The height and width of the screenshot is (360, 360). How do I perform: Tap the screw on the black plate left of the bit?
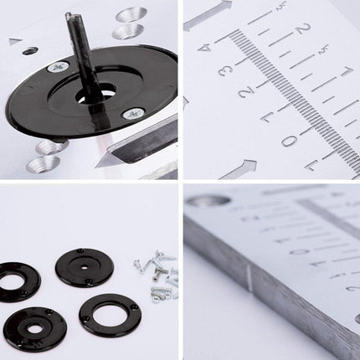point(58,67)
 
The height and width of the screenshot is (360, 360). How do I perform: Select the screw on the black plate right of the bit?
point(132,113)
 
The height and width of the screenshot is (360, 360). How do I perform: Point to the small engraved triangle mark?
point(15,41)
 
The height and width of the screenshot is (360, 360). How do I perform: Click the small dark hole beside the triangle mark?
point(30,51)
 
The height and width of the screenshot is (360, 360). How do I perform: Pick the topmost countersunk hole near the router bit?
point(132,14)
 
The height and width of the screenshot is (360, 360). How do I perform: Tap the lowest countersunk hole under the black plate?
point(42,164)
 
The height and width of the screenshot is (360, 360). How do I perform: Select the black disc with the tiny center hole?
point(85,267)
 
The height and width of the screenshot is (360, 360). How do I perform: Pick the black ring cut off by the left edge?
point(17,282)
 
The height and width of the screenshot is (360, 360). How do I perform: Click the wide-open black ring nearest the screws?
point(110,315)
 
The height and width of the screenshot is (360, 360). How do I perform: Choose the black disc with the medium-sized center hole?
point(34,328)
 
